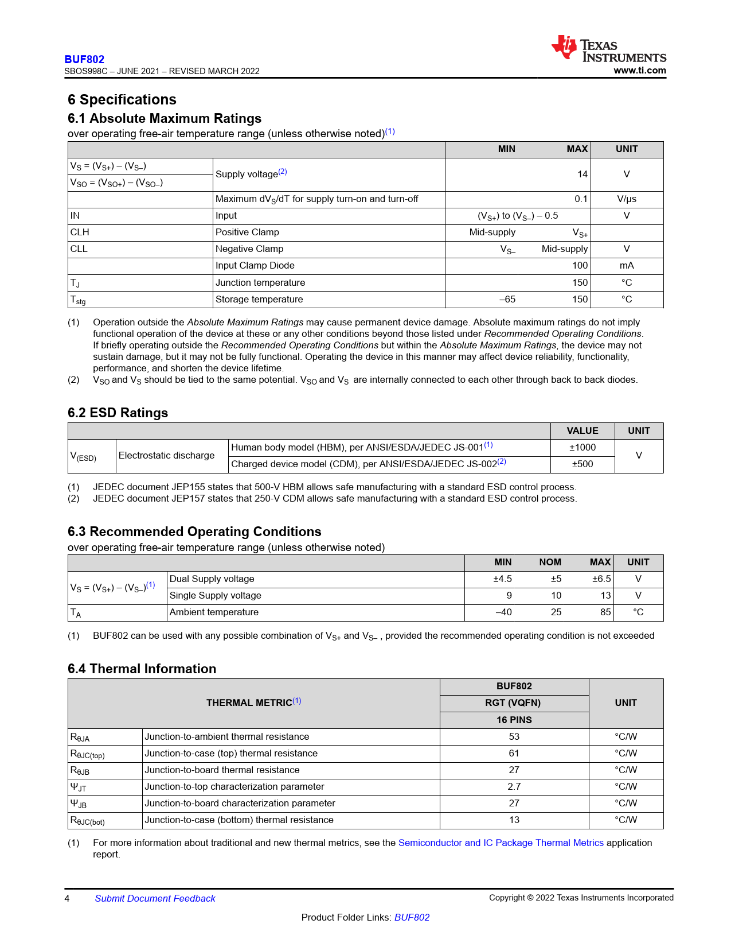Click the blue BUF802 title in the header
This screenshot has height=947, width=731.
click(84, 59)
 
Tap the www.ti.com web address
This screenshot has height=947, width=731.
click(639, 71)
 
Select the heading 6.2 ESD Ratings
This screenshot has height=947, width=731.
click(118, 413)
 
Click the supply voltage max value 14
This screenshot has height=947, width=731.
click(582, 174)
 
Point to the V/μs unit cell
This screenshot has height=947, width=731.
click(626, 199)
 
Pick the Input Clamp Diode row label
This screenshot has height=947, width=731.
click(255, 266)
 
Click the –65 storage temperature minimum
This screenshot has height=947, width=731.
click(507, 300)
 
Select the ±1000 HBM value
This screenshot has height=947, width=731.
click(582, 448)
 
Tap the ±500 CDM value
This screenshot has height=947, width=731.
click(582, 464)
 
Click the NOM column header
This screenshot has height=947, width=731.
click(550, 562)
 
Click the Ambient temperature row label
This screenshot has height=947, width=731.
click(214, 612)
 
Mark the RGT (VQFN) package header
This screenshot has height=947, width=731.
click(513, 703)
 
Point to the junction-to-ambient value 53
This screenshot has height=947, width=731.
click(514, 737)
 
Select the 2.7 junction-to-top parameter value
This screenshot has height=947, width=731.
click(514, 787)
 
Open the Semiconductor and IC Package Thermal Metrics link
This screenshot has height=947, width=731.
click(501, 843)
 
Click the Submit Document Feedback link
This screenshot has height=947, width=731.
click(155, 899)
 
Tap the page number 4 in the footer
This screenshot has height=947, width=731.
click(67, 899)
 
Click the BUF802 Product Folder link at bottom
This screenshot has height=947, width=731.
click(412, 918)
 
